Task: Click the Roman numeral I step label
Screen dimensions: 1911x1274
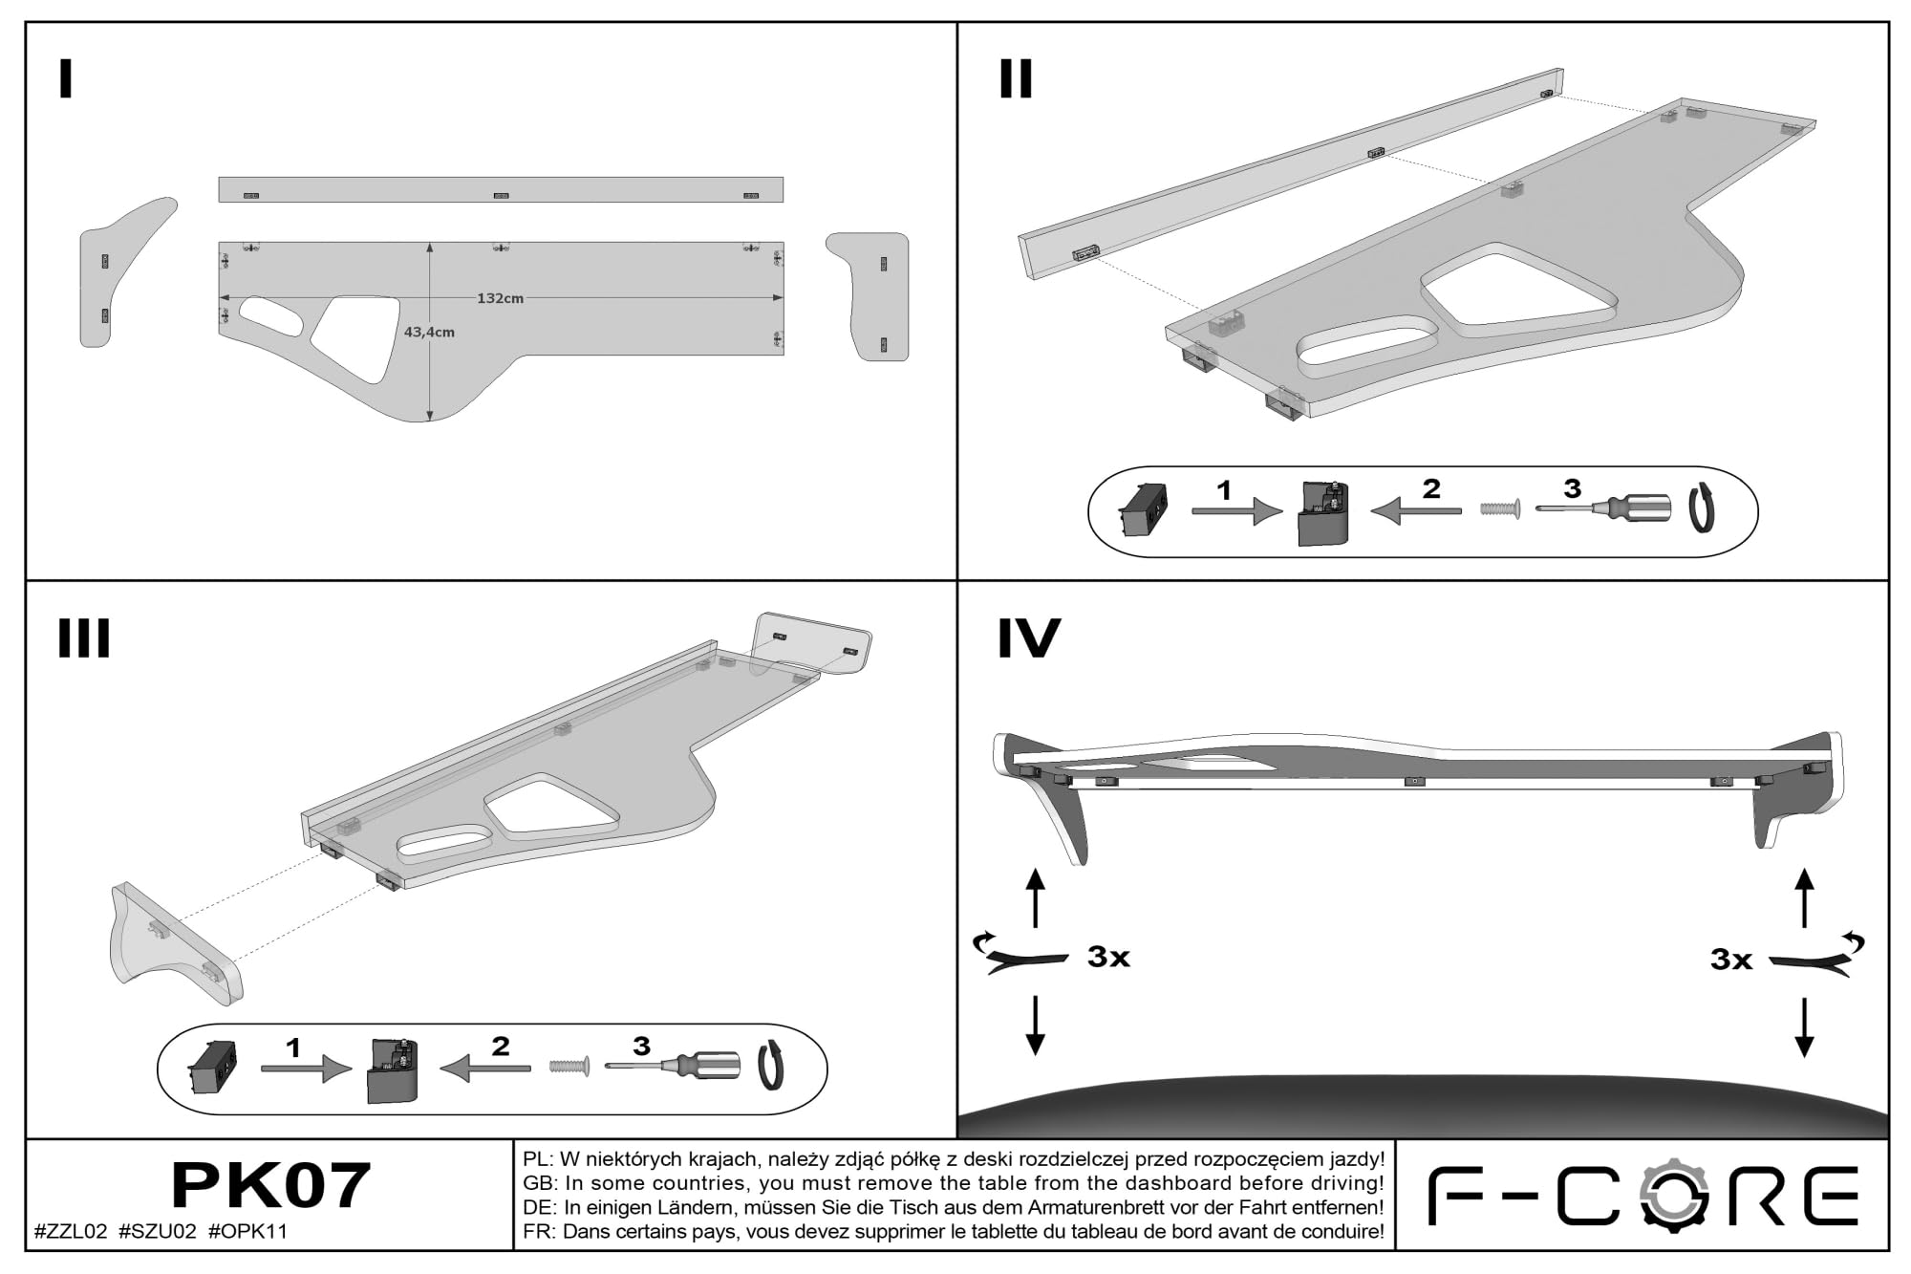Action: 65,79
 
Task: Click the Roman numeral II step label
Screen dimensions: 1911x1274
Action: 1016,79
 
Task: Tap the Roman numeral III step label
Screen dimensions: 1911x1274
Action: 84,638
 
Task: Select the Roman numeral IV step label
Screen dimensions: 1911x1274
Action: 1029,638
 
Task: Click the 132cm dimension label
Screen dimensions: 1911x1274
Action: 500,298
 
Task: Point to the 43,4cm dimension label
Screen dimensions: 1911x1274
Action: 429,333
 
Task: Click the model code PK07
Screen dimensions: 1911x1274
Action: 270,1186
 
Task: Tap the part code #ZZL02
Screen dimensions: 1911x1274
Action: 71,1232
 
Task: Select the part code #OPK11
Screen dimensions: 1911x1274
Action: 247,1232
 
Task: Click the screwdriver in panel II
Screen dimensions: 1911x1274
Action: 1602,507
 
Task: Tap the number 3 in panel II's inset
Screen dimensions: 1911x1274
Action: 1572,488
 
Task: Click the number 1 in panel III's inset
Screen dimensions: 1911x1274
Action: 293,1048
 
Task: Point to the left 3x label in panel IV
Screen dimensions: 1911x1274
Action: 1108,957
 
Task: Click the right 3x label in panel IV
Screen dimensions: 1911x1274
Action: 1731,960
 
